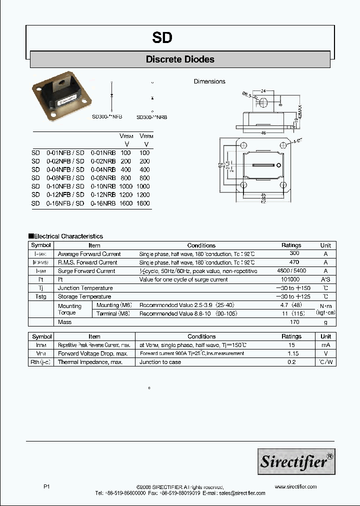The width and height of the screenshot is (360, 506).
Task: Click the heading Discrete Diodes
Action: click(180, 59)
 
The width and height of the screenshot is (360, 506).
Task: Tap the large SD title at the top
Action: click(162, 38)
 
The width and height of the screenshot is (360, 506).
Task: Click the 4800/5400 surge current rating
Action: click(291, 271)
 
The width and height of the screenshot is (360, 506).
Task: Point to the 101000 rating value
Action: click(291, 279)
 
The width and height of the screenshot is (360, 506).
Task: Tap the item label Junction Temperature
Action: click(85, 288)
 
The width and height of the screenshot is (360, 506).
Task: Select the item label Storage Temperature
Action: click(84, 296)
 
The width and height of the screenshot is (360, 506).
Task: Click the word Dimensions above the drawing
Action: click(209, 81)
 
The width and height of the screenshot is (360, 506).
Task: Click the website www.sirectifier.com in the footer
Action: click(296, 486)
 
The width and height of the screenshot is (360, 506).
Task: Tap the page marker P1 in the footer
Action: click(47, 486)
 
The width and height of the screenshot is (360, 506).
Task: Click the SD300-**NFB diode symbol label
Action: click(107, 116)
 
